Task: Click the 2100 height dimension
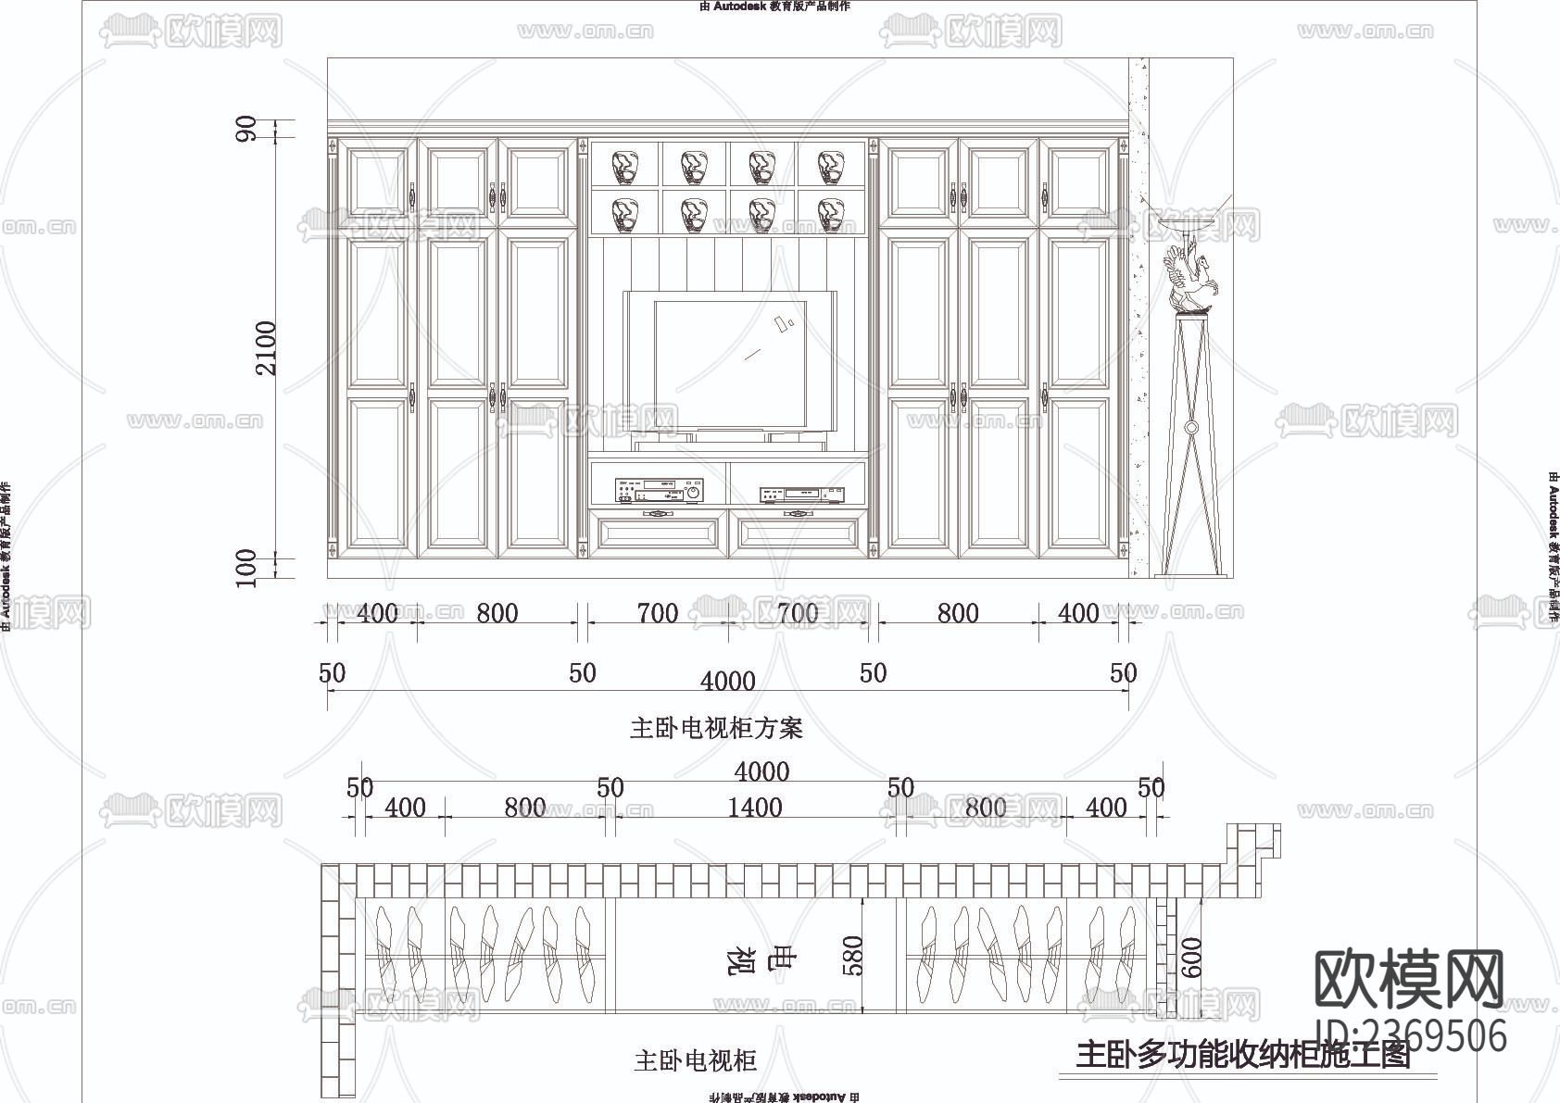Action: pos(267,347)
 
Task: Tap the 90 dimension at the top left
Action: pos(246,130)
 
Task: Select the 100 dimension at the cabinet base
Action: pos(246,567)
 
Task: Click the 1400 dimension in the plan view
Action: pos(755,808)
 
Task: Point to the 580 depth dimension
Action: pos(851,957)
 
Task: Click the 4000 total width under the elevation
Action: pos(728,682)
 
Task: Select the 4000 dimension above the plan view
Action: pos(761,771)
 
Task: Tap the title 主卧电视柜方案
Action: pos(716,729)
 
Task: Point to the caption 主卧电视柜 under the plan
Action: pos(695,1060)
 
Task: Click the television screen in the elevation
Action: pos(730,363)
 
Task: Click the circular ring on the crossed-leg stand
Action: pos(1192,428)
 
